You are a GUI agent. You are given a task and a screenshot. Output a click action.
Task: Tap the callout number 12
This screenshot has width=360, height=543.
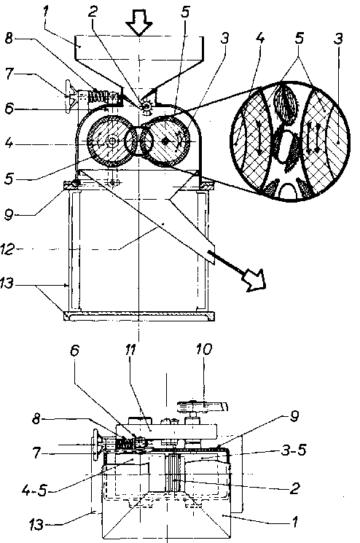point(7,249)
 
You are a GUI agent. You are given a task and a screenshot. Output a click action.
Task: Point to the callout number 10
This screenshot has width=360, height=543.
point(203,349)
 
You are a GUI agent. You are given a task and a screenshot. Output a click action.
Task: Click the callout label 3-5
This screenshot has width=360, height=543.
point(294,450)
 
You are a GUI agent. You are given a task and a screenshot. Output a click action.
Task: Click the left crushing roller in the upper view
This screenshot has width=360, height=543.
point(109,141)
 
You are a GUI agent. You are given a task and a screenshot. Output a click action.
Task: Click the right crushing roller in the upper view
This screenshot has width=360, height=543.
point(167,141)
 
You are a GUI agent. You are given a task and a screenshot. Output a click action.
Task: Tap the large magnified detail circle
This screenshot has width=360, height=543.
point(290,141)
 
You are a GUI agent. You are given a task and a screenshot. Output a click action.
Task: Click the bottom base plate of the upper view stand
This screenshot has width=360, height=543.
point(138,316)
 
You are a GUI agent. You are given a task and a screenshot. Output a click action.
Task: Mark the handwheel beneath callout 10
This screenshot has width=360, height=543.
point(202,406)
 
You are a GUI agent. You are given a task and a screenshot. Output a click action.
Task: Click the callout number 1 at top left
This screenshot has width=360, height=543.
point(46,12)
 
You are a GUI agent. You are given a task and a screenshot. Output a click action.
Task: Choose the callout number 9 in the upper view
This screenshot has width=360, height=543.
point(9,215)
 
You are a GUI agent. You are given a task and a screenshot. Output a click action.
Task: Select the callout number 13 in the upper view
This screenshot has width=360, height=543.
point(7,284)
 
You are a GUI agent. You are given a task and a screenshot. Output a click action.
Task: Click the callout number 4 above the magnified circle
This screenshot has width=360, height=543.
point(260,38)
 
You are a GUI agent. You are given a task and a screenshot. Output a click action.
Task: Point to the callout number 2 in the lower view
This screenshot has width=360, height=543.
point(294,488)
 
